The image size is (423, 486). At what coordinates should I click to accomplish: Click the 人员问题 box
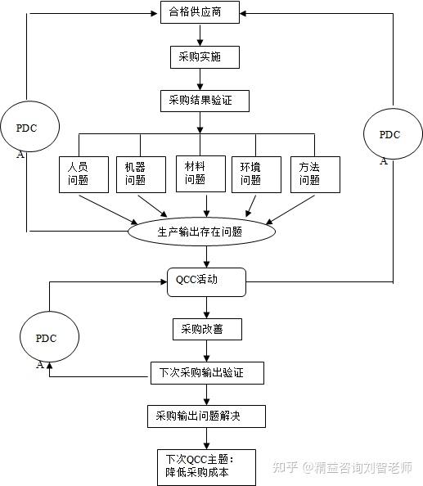pos(79,173)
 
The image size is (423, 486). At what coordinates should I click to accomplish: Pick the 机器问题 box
pos(136,173)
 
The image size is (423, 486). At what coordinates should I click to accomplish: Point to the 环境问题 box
pos(250,173)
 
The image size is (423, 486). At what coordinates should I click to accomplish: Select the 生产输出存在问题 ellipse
pos(200,232)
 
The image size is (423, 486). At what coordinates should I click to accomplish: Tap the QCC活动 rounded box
pos(205,281)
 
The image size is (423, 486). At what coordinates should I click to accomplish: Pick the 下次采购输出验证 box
pos(208,373)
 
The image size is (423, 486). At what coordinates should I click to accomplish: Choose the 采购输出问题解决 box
pos(205,416)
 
